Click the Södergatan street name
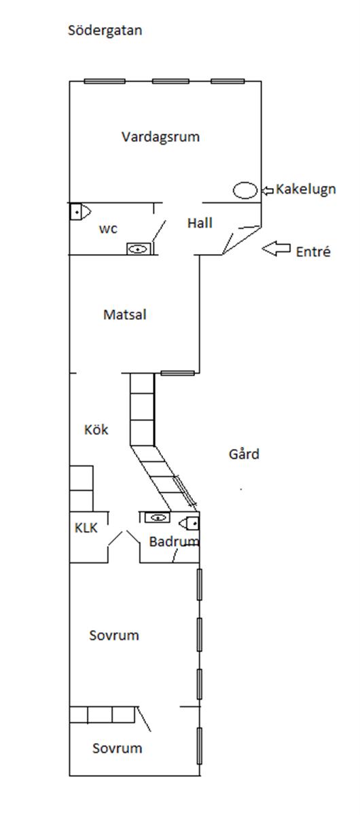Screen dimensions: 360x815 [x=105, y=30]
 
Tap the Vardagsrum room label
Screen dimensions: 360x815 [x=160, y=137]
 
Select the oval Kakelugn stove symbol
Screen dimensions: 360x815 [x=245, y=190]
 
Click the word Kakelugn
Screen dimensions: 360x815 [x=306, y=189]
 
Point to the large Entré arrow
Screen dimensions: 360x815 [x=276, y=249]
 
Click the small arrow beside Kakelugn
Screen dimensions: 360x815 [x=268, y=190]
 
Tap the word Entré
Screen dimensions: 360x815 [x=313, y=252]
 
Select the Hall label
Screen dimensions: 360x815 [x=200, y=223]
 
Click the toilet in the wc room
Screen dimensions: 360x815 [x=80, y=211]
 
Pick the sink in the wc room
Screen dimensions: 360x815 [x=138, y=249]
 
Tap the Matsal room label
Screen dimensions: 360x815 [x=125, y=314]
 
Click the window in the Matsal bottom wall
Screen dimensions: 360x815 [x=178, y=373]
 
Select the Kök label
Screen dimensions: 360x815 [x=96, y=429]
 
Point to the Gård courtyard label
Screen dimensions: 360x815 [x=244, y=454]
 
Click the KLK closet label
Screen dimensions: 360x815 [x=86, y=528]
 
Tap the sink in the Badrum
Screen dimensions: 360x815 [x=158, y=517]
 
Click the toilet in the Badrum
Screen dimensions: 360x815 [x=189, y=524]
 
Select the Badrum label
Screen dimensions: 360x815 [x=174, y=541]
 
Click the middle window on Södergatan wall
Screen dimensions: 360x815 [x=170, y=81]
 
